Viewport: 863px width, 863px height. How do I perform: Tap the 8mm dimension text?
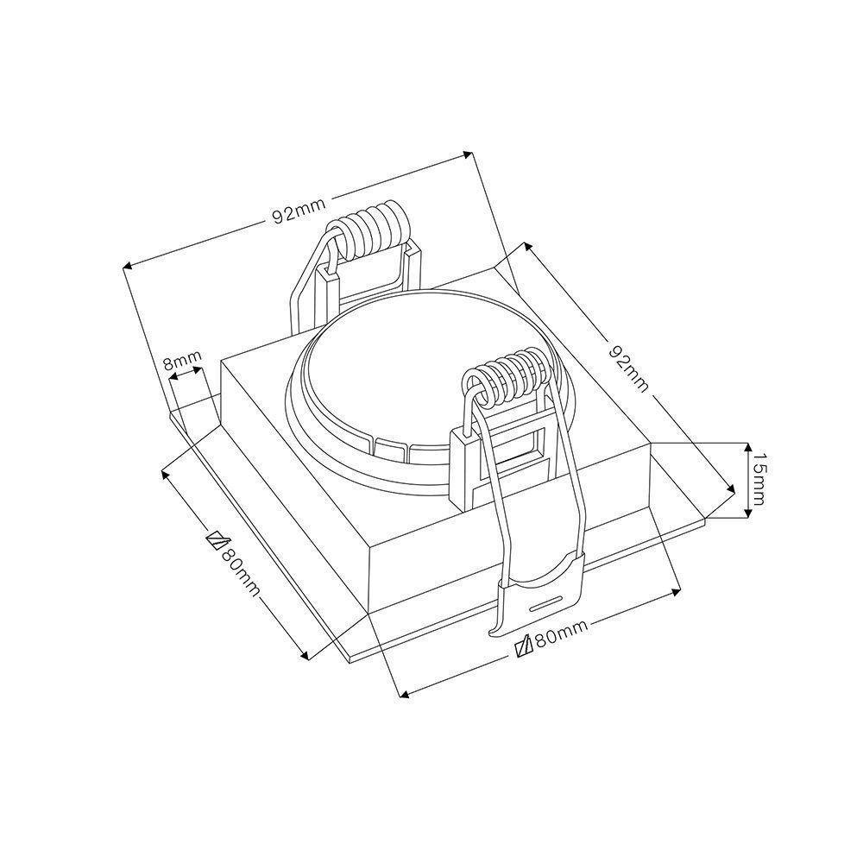click(x=183, y=359)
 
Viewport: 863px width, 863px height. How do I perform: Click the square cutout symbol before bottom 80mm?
click(x=520, y=648)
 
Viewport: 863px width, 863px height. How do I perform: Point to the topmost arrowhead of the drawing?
click(x=469, y=155)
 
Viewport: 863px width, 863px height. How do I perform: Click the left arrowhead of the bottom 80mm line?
click(x=401, y=692)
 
